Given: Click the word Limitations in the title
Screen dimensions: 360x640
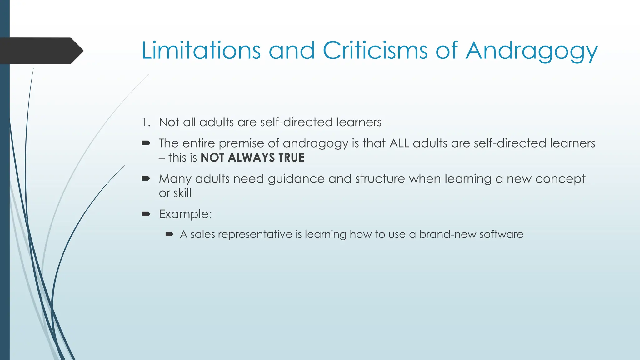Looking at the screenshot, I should [x=201, y=50].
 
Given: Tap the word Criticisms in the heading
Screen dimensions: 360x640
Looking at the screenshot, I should [x=375, y=50].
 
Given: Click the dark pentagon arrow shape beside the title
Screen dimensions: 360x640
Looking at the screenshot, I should [x=41, y=51].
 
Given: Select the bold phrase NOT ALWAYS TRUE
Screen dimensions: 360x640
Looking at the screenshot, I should [x=252, y=157].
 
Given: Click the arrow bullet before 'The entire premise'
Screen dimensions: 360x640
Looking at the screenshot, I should [x=146, y=143].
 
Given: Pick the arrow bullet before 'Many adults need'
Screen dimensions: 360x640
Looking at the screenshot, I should [x=146, y=178].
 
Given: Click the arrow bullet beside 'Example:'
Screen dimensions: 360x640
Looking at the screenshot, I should [x=146, y=214].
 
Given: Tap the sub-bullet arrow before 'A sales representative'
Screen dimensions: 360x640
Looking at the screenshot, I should [x=169, y=234].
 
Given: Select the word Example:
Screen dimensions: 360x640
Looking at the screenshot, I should [x=185, y=214].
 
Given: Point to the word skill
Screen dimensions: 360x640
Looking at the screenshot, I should [x=182, y=193].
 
